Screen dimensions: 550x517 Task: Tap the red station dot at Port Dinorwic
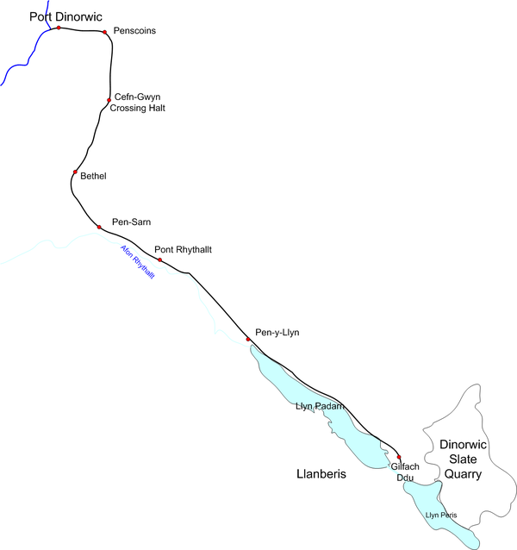click(59, 28)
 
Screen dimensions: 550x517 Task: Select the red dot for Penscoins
click(105, 33)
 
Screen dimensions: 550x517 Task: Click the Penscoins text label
click(136, 31)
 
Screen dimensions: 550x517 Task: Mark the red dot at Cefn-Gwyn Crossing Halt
click(109, 100)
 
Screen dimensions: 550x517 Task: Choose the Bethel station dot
click(75, 173)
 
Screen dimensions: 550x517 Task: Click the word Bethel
click(93, 176)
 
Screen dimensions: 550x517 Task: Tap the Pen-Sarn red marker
click(99, 227)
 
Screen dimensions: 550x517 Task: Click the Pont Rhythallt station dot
click(159, 259)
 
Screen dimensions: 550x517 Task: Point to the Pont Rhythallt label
click(183, 250)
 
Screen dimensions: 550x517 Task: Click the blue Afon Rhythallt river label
click(137, 262)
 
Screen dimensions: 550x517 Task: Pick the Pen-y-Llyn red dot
click(248, 340)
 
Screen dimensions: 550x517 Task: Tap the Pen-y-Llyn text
click(277, 333)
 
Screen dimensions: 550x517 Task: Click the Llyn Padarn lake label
click(320, 405)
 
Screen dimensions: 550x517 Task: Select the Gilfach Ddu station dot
click(399, 457)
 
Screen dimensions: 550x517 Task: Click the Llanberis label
click(320, 474)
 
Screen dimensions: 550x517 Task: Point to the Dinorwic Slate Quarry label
click(464, 459)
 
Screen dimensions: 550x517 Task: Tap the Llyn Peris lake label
click(440, 516)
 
